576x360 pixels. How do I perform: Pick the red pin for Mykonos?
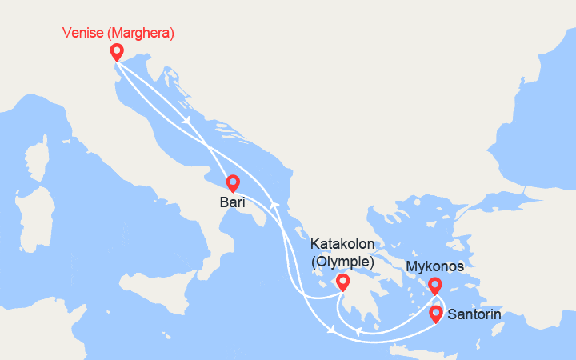[x=435, y=286]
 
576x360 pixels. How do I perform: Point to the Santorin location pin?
[x=436, y=314]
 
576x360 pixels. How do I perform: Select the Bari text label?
[x=232, y=203]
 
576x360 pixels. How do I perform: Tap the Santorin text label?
[x=475, y=314]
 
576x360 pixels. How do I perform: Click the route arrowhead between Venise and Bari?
[x=186, y=120]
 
